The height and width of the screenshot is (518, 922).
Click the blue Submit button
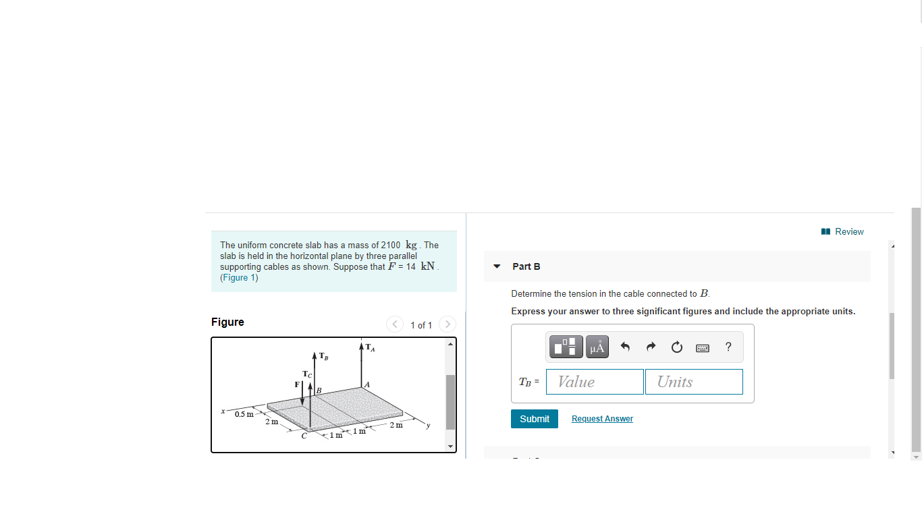tap(534, 419)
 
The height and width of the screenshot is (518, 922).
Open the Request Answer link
tap(602, 419)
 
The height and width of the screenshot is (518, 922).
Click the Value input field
tap(595, 382)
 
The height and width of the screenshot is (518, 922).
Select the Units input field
tap(693, 382)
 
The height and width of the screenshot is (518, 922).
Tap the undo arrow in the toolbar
tap(625, 347)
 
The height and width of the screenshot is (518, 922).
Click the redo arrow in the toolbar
tap(651, 347)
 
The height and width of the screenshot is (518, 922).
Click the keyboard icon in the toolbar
tap(703, 348)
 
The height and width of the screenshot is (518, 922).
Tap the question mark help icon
tap(728, 347)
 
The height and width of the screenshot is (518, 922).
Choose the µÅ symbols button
tap(597, 347)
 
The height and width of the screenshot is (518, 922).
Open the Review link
tap(843, 231)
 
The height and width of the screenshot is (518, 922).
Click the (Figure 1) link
tap(239, 278)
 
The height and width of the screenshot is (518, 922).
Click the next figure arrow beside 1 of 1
tap(447, 324)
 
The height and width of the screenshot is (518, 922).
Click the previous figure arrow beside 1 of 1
tap(395, 324)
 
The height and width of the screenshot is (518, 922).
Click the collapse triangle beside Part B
tap(497, 266)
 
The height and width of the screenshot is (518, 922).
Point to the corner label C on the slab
tap(304, 436)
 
